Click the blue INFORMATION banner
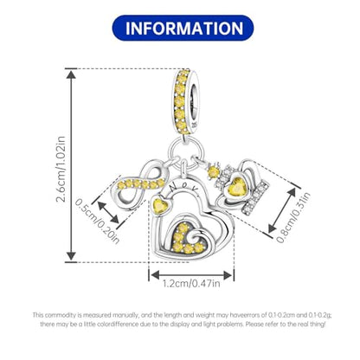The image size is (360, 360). pos(183,28)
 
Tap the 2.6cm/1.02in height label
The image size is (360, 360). pos(61,169)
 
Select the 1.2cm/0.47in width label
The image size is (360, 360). pos(191,283)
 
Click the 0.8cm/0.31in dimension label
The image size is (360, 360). pos(293,217)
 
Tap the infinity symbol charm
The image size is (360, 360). pos(141,184)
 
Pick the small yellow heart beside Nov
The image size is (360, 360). pos(159,205)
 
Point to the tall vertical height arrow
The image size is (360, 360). pos(71,165)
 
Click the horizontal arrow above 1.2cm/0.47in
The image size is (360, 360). pos(191,275)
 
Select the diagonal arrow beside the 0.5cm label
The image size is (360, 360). pos(108,212)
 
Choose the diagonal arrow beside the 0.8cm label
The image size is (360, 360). pos(282,210)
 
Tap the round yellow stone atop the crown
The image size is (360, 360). pos(213,172)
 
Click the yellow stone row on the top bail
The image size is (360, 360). pos(180,101)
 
